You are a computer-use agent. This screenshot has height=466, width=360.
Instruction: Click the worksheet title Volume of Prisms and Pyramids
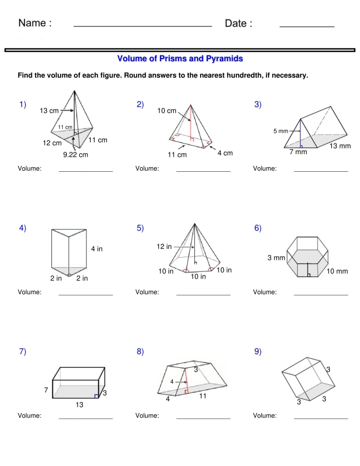pos(180,59)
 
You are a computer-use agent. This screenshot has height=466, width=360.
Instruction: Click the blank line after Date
pos(307,26)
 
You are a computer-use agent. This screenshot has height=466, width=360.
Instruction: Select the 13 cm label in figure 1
pos(49,111)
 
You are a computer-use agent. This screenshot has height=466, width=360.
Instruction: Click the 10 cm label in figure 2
pos(167,111)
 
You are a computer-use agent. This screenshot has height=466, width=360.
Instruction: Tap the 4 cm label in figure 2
pos(224,153)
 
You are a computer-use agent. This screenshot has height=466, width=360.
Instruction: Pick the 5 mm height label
pos(281,131)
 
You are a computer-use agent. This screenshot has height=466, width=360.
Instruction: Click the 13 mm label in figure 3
pos(340,146)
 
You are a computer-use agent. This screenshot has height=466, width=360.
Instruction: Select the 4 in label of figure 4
pos(97,249)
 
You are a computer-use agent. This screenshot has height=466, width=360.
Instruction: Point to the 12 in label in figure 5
pos(164,247)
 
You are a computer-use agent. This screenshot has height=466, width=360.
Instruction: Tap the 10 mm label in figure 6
pos(337,271)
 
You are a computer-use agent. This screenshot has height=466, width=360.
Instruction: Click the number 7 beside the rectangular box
pos(46,391)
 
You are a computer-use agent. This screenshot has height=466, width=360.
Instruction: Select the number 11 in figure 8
pos(203,396)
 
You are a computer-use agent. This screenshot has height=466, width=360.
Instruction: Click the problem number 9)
pos(258,352)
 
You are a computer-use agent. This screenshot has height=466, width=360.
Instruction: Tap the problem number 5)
pos(140,228)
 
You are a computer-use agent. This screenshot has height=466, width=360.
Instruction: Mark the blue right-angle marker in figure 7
pos(96,396)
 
